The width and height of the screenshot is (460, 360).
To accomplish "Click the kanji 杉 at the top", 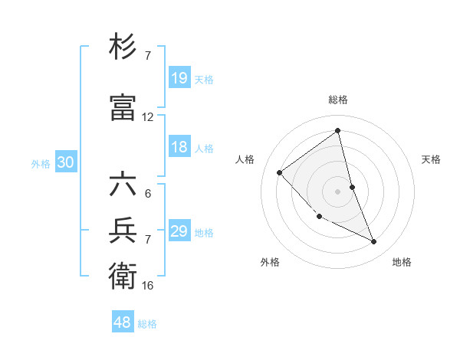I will [x=123, y=48].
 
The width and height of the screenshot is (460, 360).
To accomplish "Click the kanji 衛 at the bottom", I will [x=123, y=275].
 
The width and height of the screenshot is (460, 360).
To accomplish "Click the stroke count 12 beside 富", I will [x=148, y=117].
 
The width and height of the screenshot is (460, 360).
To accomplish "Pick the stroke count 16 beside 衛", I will [x=148, y=285].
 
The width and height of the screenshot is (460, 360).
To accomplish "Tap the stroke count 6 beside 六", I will [x=148, y=194].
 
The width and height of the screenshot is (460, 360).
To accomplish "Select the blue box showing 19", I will [x=179, y=78].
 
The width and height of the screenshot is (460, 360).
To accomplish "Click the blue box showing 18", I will [x=179, y=147].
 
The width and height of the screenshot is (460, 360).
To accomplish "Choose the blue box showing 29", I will [x=179, y=231].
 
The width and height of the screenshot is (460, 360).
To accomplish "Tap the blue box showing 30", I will [x=65, y=162].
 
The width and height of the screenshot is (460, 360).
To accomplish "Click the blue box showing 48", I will [x=123, y=322].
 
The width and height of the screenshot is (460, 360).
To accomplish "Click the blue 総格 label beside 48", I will [x=147, y=324].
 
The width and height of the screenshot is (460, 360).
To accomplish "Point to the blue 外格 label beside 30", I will [x=41, y=163].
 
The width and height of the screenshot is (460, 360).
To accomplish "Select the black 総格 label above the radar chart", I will [x=338, y=100].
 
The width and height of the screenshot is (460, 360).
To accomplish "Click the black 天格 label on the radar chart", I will [x=432, y=159].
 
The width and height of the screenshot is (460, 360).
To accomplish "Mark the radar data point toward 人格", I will [x=280, y=172].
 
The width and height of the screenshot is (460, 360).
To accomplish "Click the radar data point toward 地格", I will [x=374, y=242].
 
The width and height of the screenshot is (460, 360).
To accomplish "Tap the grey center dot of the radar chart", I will [x=338, y=191].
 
